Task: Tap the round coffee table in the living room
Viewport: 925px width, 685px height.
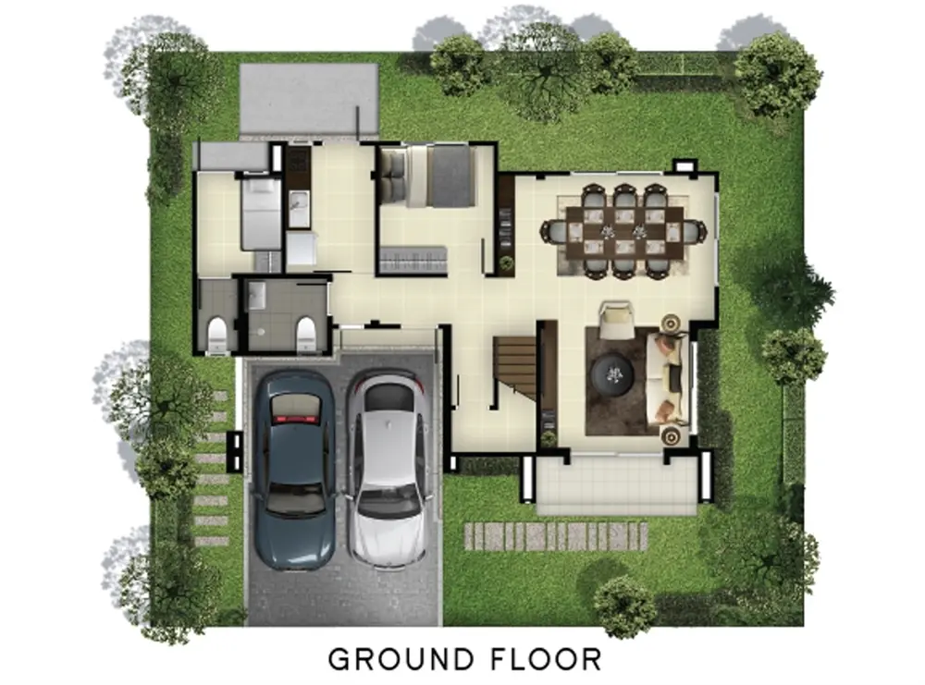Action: click(x=613, y=373)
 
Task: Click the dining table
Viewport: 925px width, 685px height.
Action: click(x=624, y=232)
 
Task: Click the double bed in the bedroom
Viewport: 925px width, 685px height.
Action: click(x=427, y=177)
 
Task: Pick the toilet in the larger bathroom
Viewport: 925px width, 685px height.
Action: click(x=305, y=334)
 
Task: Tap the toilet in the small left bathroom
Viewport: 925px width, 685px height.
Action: click(x=217, y=336)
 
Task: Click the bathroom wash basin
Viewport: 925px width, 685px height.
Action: click(x=256, y=294)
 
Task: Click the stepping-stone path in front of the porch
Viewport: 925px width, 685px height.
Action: click(x=556, y=536)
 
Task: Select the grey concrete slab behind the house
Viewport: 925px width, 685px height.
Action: click(x=309, y=99)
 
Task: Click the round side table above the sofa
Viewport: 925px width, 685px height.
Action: click(x=671, y=323)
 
